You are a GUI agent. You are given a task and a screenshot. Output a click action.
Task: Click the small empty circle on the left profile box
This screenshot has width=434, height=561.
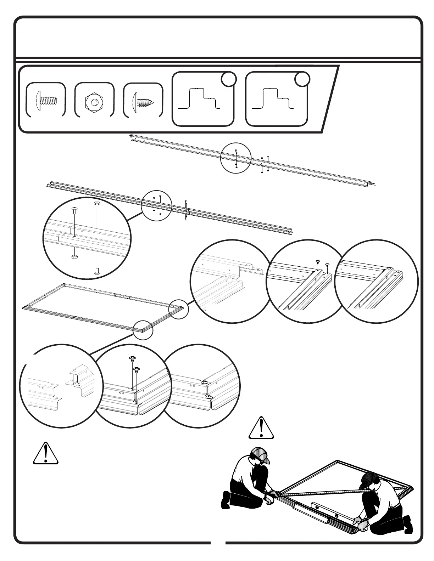228,80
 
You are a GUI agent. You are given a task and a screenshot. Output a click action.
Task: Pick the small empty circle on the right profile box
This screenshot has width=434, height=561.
302,80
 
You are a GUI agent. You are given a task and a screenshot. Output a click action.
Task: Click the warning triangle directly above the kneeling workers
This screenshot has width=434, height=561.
261,428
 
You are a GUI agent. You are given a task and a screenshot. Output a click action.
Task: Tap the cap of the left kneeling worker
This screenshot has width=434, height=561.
261,455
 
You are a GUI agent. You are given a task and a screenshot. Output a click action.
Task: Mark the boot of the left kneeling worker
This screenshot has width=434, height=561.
226,500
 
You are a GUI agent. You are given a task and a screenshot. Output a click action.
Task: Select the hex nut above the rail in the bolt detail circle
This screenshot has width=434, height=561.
97,204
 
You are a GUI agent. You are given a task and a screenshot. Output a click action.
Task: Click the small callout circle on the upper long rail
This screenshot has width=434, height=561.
236,158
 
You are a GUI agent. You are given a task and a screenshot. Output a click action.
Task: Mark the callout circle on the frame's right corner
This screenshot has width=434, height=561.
178,309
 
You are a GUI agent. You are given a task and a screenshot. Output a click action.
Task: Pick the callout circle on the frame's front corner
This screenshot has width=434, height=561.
143,330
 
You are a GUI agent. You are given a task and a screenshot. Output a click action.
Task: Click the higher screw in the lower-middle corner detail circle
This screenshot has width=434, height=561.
132,358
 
